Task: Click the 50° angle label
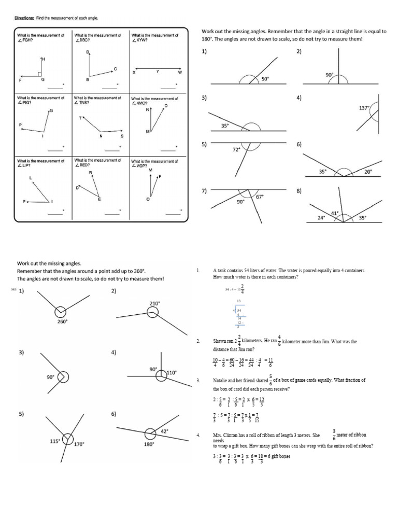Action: [265, 79]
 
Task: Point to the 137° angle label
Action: [364, 108]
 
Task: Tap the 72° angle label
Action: [236, 149]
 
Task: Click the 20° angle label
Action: [368, 172]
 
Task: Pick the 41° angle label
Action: [335, 213]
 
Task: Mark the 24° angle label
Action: [321, 218]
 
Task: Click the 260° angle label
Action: [63, 322]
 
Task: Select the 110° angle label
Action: [172, 372]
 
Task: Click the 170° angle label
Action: [79, 444]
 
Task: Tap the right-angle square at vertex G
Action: [40, 74]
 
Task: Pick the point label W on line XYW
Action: [180, 72]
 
